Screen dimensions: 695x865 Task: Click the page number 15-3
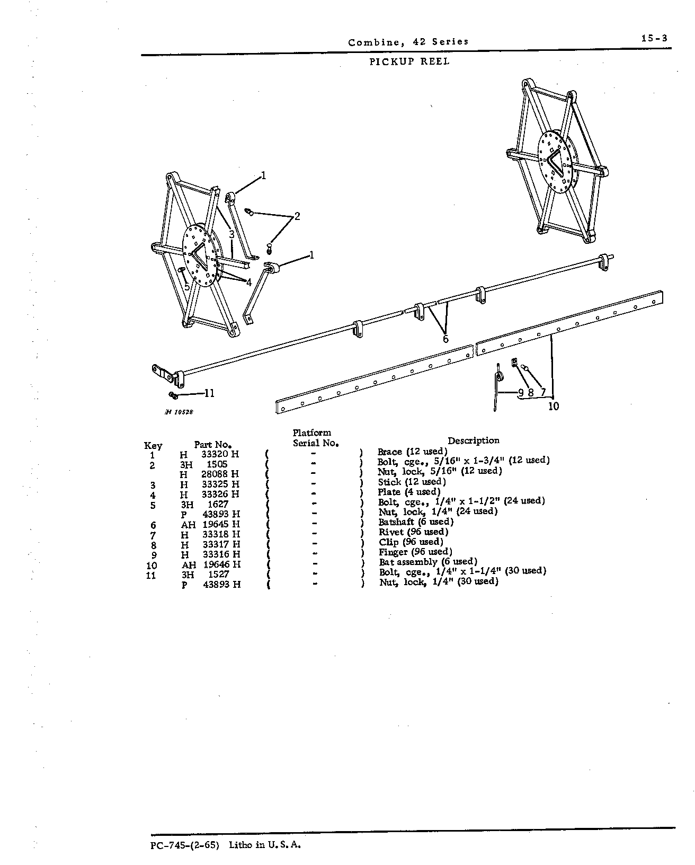tap(654, 39)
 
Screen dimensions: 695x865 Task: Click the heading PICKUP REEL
tap(409, 61)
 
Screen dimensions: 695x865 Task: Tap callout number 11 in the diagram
tap(209, 393)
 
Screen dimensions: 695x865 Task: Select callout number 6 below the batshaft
tap(445, 339)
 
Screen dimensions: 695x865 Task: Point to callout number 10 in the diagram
tap(554, 407)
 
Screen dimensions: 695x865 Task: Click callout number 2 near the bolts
tap(297, 216)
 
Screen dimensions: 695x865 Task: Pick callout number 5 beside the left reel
tap(187, 287)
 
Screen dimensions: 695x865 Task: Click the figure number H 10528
tap(179, 412)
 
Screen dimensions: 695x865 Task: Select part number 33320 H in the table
tap(220, 454)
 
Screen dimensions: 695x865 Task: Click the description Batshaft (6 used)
tap(416, 522)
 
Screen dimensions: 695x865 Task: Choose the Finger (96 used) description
tap(415, 552)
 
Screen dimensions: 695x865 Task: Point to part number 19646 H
tap(222, 564)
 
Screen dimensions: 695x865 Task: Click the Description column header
tap(474, 440)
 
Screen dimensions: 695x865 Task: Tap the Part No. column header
tap(213, 445)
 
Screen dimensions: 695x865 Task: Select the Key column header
tap(153, 446)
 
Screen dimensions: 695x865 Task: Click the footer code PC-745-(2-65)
tap(185, 845)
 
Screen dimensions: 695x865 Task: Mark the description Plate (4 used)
tap(409, 491)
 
